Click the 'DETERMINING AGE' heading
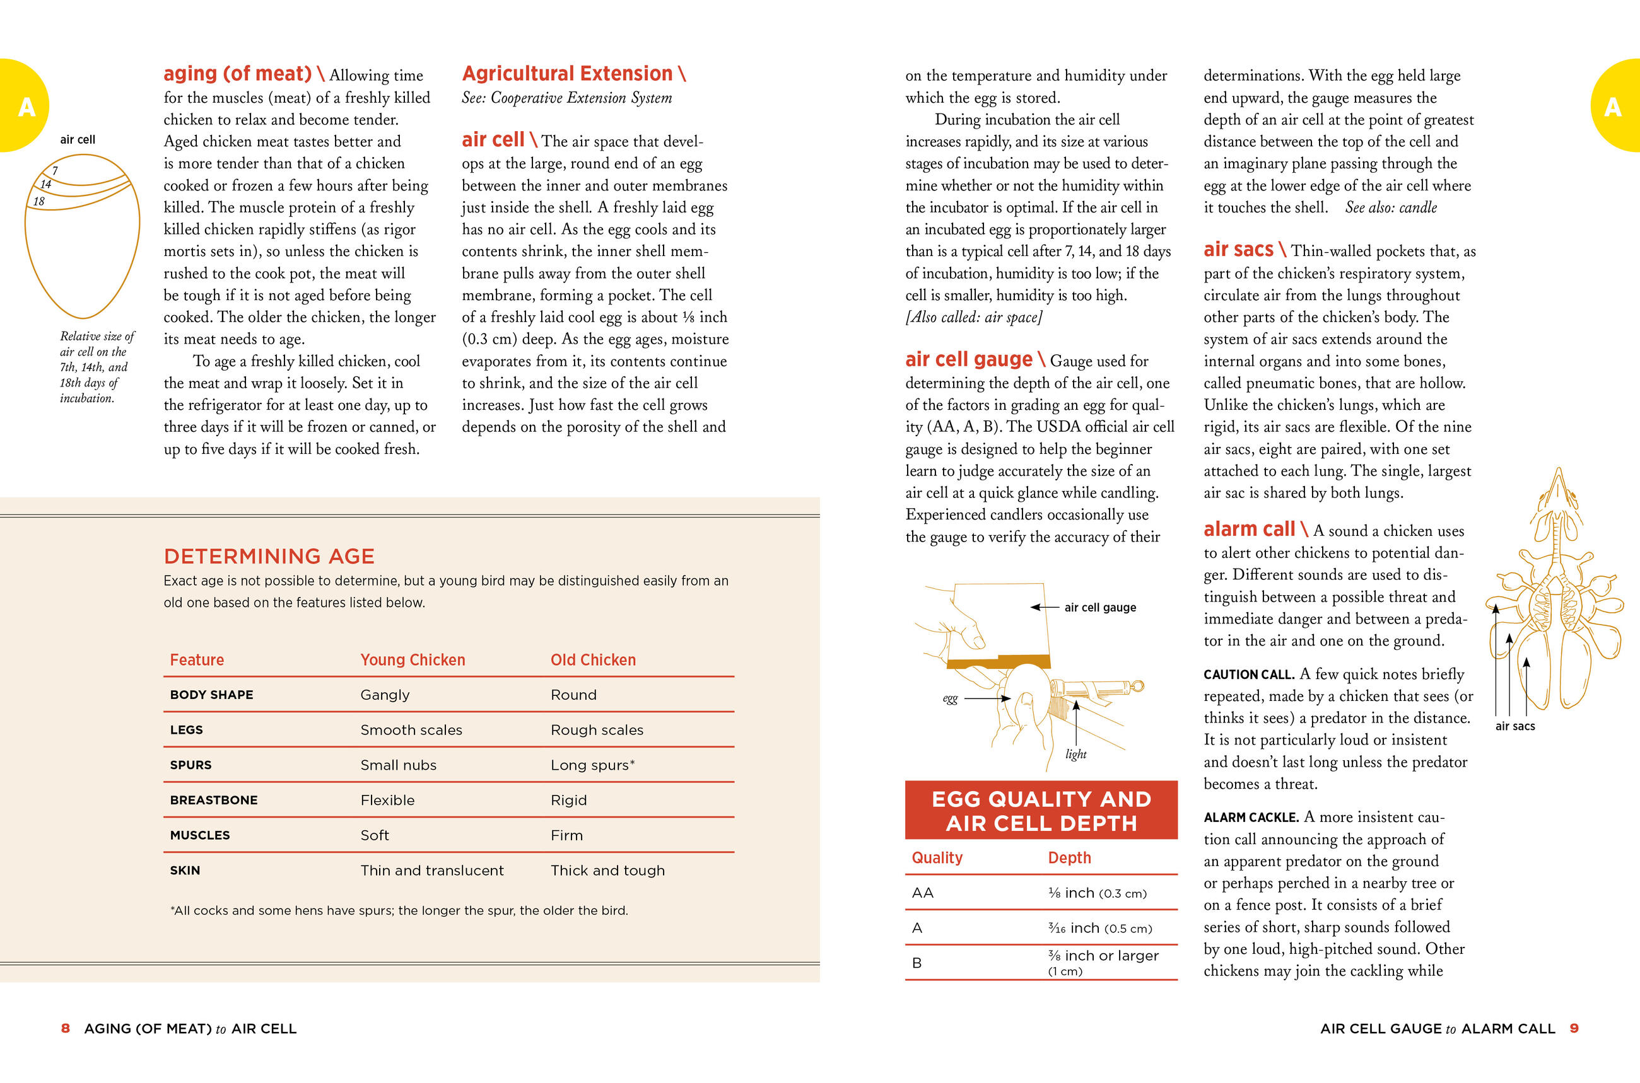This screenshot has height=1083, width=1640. coord(269,556)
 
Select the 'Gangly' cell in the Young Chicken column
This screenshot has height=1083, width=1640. coord(385,695)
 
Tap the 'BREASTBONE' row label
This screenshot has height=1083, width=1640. coord(214,800)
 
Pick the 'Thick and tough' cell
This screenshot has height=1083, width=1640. coord(607,871)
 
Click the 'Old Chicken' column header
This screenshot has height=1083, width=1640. coord(593,659)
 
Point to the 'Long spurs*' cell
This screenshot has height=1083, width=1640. coord(592,765)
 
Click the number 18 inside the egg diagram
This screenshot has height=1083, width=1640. coord(38,202)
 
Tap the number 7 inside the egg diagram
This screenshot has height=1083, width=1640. coord(55,171)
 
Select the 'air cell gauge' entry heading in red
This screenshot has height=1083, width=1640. coord(968,360)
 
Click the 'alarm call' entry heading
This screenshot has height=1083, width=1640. coord(1249,529)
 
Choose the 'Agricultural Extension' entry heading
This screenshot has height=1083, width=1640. coord(566,73)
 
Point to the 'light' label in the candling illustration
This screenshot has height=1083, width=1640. coord(1075,754)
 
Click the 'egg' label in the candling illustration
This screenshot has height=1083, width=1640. coord(951,698)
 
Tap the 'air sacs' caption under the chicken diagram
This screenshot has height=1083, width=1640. coord(1515,727)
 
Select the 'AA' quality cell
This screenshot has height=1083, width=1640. coord(923,893)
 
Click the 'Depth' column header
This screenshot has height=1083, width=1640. coord(1069,858)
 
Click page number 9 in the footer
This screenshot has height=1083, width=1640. coord(1574,1028)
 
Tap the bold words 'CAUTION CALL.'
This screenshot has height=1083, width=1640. coord(1249,675)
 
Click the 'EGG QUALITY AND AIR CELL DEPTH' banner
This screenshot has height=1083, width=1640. coord(1041,811)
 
